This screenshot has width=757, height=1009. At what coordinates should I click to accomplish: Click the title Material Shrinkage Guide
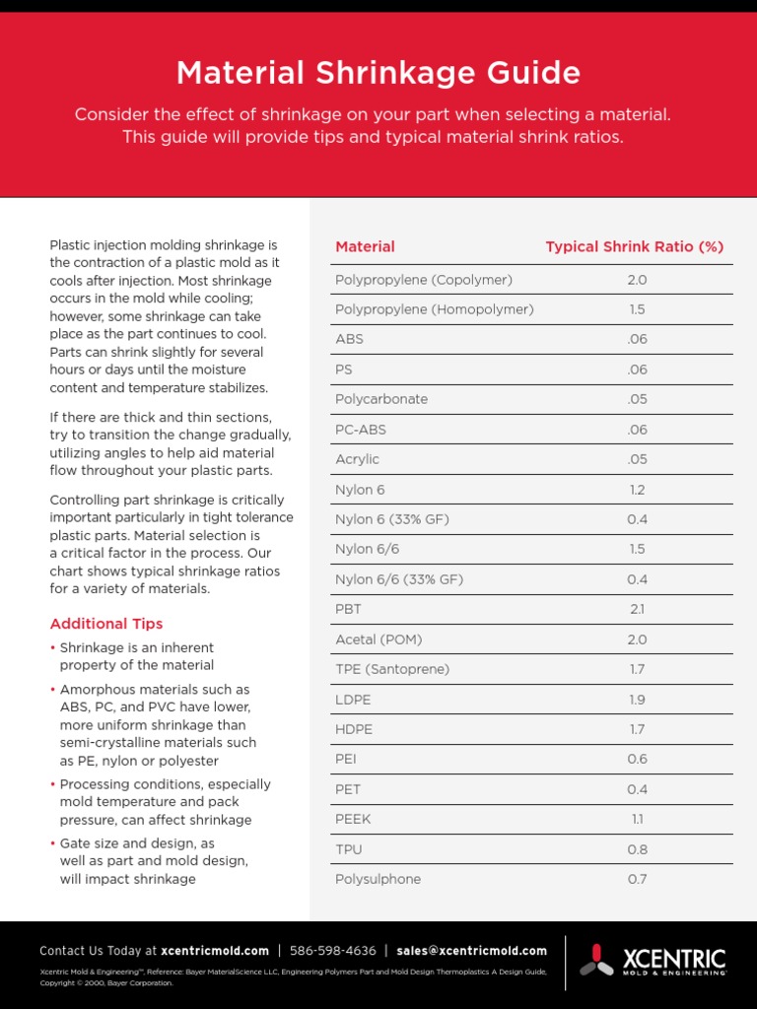click(378, 73)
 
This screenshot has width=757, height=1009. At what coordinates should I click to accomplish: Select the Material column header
click(365, 247)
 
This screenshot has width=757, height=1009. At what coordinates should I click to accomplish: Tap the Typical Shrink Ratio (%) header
click(635, 247)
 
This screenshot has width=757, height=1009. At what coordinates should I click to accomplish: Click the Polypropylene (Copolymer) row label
click(424, 280)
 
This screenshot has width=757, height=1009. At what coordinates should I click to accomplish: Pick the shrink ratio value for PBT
click(637, 610)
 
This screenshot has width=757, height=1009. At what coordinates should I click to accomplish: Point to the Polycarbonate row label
click(381, 400)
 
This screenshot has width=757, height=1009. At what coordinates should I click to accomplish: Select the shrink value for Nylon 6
click(637, 490)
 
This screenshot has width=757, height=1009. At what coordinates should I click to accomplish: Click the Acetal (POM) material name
click(378, 639)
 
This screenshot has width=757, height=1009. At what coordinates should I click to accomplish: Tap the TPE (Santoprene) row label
click(392, 670)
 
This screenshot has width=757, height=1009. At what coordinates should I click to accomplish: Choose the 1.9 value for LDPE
click(637, 700)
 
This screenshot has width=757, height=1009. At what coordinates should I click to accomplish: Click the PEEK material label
click(353, 820)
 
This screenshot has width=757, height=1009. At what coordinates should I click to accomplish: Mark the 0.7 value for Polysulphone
click(637, 879)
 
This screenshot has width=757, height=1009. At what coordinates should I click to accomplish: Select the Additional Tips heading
click(106, 624)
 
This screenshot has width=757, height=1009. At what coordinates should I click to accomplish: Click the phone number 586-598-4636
click(333, 951)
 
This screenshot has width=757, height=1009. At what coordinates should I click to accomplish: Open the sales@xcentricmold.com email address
click(471, 951)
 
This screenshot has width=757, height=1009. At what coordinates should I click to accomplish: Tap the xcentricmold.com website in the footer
click(215, 951)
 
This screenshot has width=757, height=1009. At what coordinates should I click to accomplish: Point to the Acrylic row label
click(357, 460)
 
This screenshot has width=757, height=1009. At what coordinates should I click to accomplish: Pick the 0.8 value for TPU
click(637, 849)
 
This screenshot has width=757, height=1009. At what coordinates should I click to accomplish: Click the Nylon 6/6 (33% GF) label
click(399, 579)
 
